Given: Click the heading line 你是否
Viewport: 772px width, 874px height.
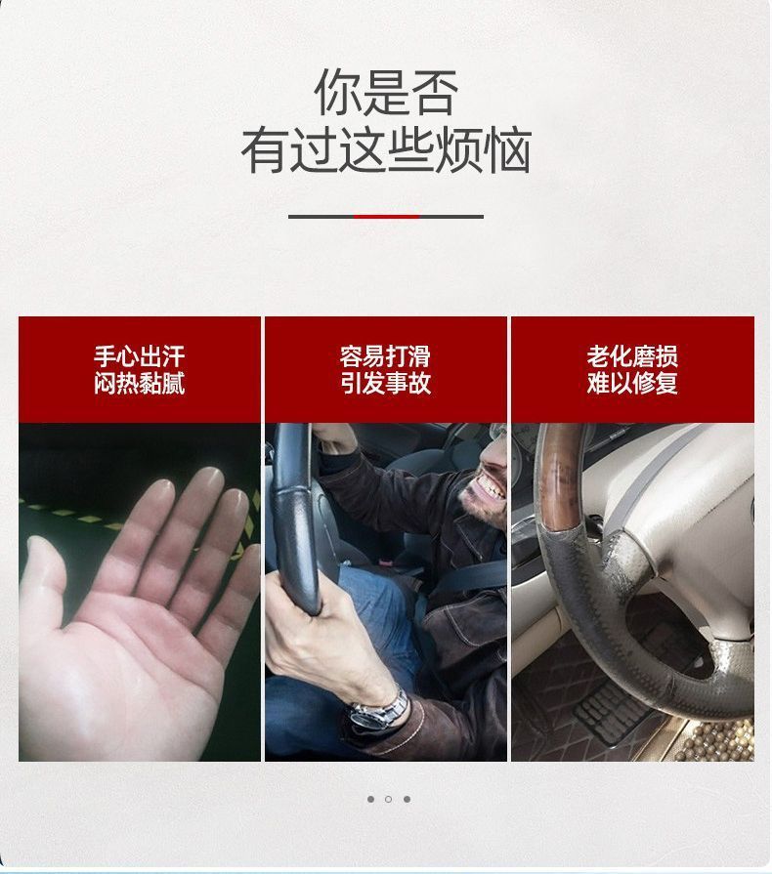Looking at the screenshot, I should (386, 93).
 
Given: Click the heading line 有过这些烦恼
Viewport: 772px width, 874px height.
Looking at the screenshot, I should (386, 151).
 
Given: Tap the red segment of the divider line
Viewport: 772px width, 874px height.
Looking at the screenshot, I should (386, 216).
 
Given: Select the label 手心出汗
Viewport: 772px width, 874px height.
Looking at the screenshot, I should (140, 355).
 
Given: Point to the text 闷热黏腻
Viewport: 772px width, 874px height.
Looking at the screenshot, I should (140, 383).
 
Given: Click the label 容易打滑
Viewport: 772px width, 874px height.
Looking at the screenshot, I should (385, 355).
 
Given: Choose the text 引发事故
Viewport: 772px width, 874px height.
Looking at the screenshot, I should (385, 383).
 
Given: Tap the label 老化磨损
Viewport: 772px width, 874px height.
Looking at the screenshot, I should (632, 355).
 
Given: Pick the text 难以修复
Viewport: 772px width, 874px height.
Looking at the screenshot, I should (632, 383).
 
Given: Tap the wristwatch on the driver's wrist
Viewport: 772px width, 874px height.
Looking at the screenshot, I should (381, 708).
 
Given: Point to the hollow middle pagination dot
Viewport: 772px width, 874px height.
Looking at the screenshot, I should (388, 799).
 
